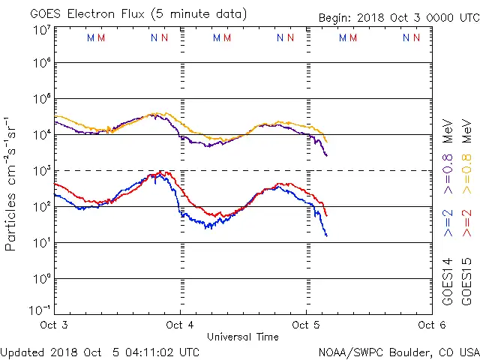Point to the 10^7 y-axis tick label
pyautogui.click(x=42, y=30)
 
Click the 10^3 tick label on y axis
pyautogui.click(x=42, y=171)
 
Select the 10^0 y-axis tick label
pyautogui.click(x=42, y=278)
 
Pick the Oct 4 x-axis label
pyautogui.click(x=180, y=325)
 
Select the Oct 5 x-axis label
pyautogui.click(x=305, y=325)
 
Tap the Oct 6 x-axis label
pyautogui.click(x=430, y=325)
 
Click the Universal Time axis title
pyautogui.click(x=242, y=337)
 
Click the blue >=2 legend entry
pyautogui.click(x=448, y=223)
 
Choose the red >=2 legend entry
pyautogui.click(x=466, y=223)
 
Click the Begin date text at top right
pyautogui.click(x=398, y=17)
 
